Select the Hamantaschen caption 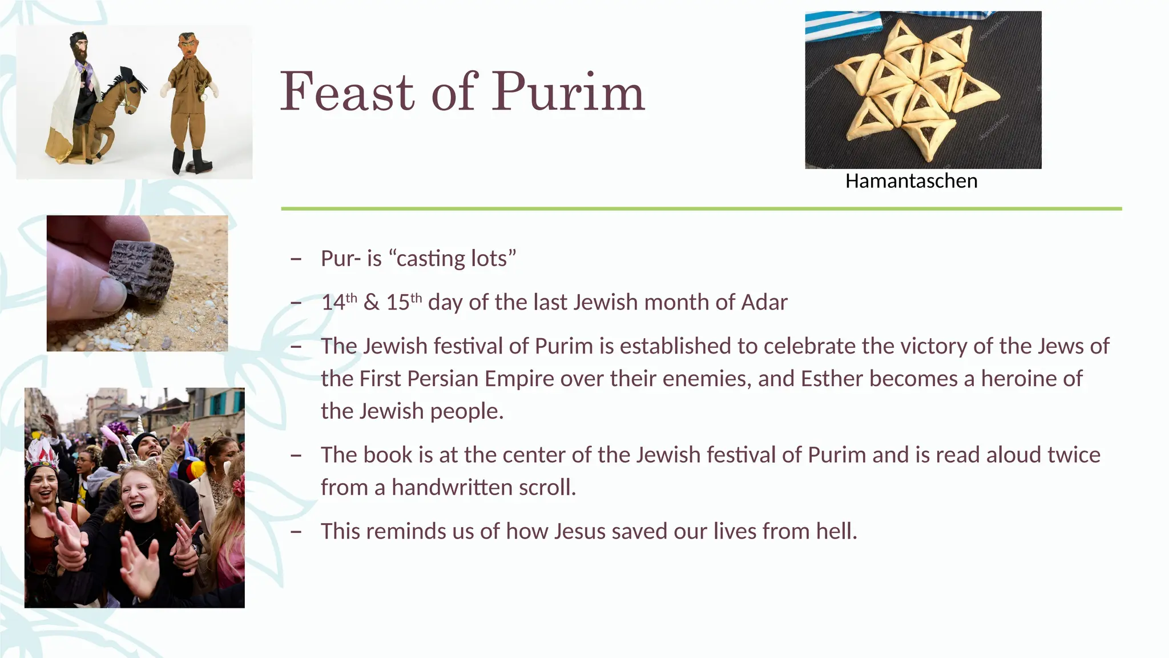(911, 181)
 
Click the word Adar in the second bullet (764, 302)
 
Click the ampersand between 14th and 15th (371, 303)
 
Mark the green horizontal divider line (701, 209)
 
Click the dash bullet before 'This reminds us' (296, 532)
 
